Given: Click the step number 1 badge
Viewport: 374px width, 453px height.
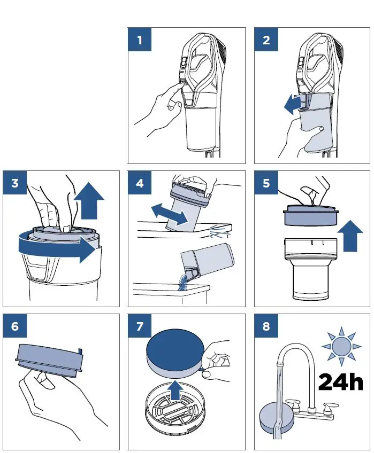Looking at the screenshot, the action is coord(140,40).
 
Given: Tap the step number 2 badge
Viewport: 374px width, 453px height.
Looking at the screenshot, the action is coord(266,40).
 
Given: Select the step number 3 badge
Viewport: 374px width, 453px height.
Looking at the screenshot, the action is coord(15,183).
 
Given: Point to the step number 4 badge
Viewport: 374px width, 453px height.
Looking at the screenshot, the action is coord(140,183).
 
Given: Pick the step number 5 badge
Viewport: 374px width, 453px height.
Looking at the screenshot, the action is coord(266,183).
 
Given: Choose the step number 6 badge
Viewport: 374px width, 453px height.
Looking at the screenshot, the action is coord(15,326).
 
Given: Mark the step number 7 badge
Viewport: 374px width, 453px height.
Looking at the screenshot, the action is coord(140,326).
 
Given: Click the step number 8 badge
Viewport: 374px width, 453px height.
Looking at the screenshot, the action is coord(266,326).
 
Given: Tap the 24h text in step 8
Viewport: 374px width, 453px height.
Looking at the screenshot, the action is coord(340,382).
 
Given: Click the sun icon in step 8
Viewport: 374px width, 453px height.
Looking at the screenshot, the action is coord(341,346).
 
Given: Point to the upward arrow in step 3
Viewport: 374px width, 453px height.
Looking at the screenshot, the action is coord(89,200).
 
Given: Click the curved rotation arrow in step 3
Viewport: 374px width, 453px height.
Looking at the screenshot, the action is coord(56,247).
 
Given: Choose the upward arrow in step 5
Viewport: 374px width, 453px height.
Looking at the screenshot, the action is coord(350,236).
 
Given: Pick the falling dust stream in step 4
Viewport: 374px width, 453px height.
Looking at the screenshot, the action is coord(182,283).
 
